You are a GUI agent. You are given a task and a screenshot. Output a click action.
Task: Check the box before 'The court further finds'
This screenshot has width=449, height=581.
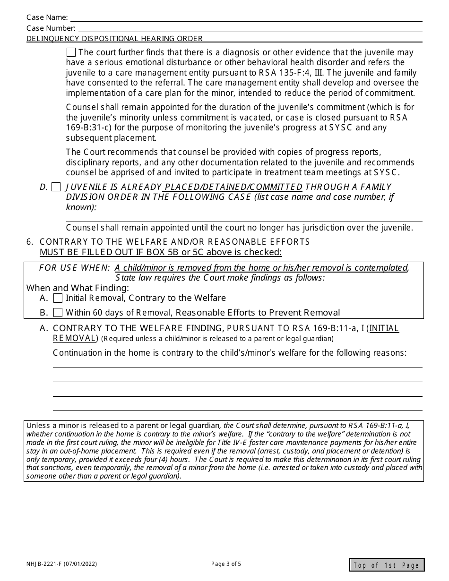(x=71, y=52)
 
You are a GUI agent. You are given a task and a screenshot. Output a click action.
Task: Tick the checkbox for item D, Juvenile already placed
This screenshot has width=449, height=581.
(x=56, y=187)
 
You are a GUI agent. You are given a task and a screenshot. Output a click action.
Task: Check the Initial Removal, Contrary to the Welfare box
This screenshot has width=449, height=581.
(x=58, y=298)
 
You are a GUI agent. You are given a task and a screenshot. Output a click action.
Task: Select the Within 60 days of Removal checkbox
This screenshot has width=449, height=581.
(x=58, y=312)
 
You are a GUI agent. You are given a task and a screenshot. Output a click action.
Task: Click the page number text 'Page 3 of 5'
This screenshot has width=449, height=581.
(x=226, y=564)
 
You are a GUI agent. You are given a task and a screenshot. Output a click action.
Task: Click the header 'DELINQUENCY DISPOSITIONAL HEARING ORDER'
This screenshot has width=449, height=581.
(x=114, y=39)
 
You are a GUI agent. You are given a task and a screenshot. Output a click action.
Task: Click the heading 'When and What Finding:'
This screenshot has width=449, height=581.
(x=78, y=288)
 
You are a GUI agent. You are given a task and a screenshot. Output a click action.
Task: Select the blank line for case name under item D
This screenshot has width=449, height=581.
(x=244, y=220)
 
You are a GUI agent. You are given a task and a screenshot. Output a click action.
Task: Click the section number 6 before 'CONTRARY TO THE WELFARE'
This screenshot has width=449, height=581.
(x=30, y=242)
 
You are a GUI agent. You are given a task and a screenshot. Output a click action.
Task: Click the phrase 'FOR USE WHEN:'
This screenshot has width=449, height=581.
(x=75, y=268)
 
